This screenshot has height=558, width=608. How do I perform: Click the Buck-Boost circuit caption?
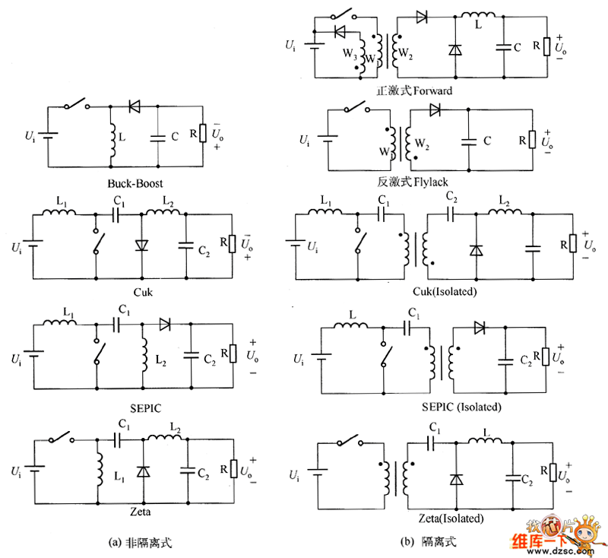tap(135, 184)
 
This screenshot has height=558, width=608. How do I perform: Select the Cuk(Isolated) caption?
tap(428, 293)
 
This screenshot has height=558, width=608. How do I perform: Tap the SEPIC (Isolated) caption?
tap(461, 407)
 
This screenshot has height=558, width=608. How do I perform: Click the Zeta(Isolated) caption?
tap(451, 518)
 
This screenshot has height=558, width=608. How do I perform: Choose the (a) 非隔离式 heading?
tap(141, 543)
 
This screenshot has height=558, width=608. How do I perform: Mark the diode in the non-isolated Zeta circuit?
tap(143, 471)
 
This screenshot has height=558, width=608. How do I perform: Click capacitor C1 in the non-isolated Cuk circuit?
tap(117, 216)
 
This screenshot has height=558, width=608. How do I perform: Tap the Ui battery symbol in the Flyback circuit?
tap(328, 139)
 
